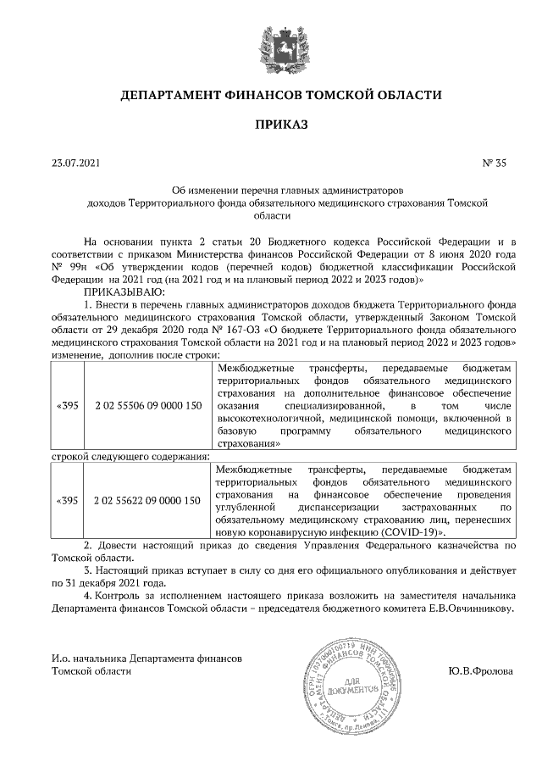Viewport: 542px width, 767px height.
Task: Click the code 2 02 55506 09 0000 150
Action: [x=148, y=406]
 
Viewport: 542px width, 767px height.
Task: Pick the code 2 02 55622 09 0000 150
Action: [x=148, y=501]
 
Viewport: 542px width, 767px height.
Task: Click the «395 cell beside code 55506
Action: [x=67, y=406]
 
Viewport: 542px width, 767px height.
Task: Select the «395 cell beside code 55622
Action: [x=67, y=501]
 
